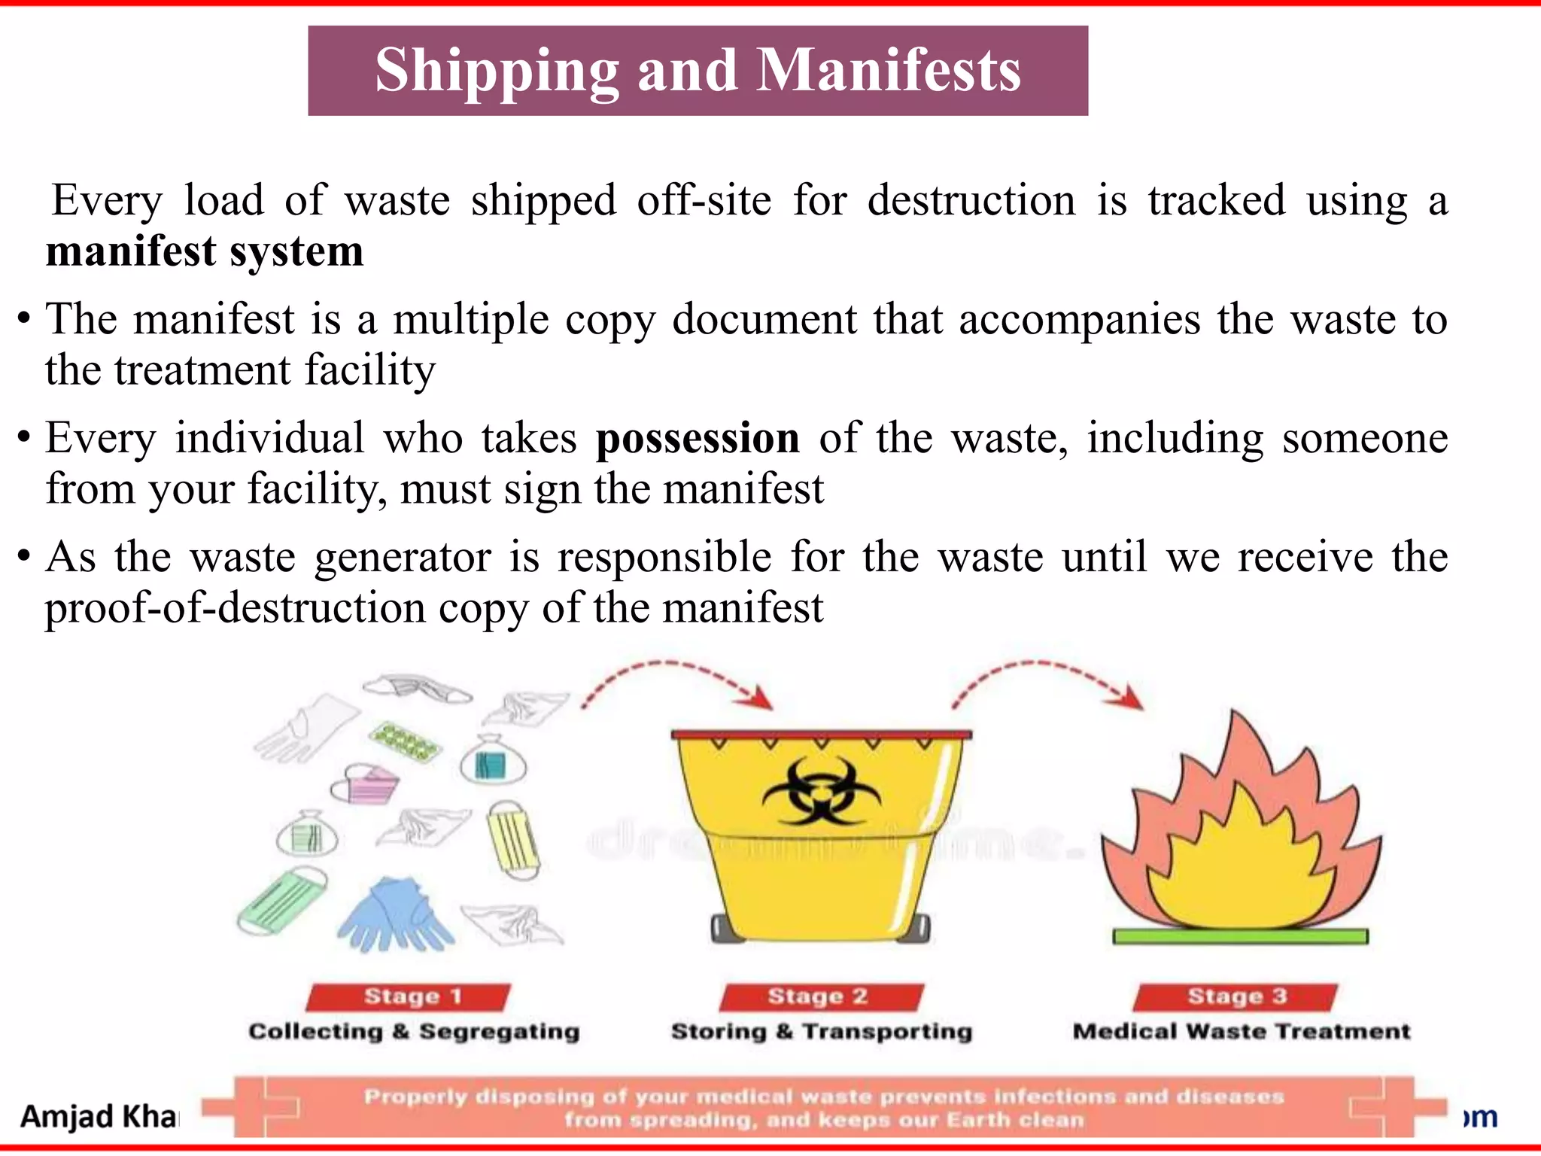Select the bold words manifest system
pyautogui.click(x=205, y=251)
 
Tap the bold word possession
pyautogui.click(x=698, y=438)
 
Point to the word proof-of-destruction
pyautogui.click(x=236, y=607)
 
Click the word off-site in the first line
pyautogui.click(x=704, y=200)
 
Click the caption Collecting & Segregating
pyautogui.click(x=414, y=1031)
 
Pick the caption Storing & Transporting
pyautogui.click(x=822, y=1031)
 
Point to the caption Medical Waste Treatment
pyautogui.click(x=1242, y=1031)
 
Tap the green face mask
pyautogui.click(x=282, y=899)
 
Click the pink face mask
pyautogui.click(x=365, y=785)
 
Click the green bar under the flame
pyautogui.click(x=1240, y=936)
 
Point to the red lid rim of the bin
pyautogui.click(x=821, y=734)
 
